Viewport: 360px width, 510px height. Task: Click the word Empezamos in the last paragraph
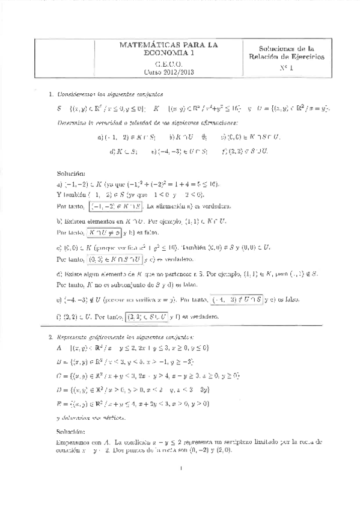(x=79, y=443)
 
